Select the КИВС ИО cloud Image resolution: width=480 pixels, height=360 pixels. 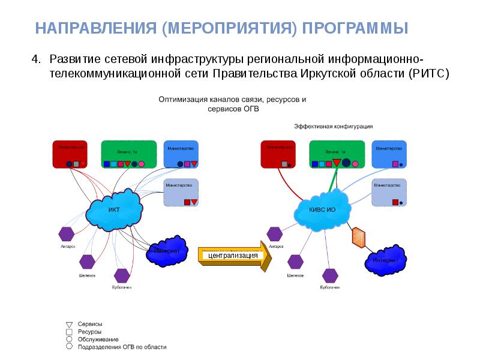(322, 209)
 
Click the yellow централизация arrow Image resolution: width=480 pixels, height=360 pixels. (235, 255)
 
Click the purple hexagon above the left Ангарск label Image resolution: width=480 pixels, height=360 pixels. (67, 233)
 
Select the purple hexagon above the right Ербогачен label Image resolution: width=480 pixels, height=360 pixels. (330, 275)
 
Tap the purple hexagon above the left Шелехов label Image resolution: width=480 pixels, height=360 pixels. (88, 262)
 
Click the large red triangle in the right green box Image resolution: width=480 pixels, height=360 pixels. (337, 163)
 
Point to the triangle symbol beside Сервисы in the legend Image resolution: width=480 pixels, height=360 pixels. (69, 324)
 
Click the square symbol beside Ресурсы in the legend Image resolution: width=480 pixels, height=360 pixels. (69, 332)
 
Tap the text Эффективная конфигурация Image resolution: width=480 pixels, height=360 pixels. (334, 126)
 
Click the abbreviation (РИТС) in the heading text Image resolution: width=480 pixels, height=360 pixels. (428, 74)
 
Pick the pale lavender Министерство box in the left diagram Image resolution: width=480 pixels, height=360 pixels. (182, 193)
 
